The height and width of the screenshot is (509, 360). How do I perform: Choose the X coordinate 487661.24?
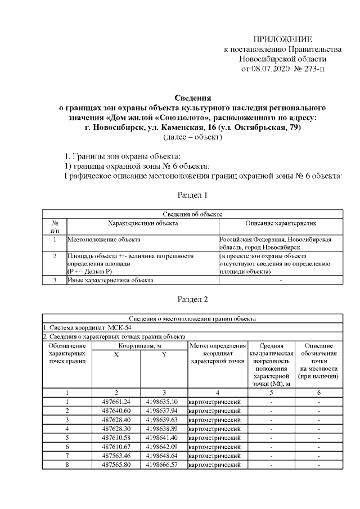pos(116,402)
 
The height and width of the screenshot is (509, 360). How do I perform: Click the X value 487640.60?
pos(116,411)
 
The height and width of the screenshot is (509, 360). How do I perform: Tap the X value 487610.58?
pos(116,438)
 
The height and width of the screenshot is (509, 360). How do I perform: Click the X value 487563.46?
pos(116,456)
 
